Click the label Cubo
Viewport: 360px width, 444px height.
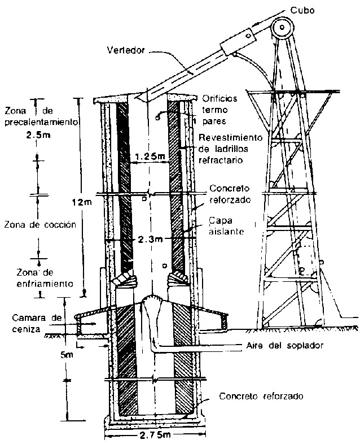[310, 10]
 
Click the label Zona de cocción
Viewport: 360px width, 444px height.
[39, 224]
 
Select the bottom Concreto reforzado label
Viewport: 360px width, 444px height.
[262, 396]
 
